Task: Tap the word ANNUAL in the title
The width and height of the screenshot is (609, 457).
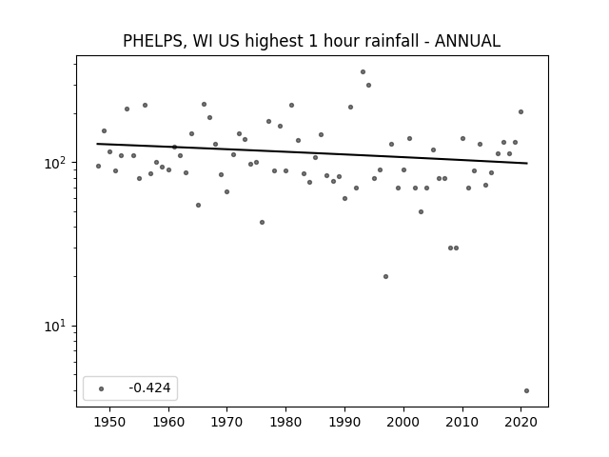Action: (x=467, y=41)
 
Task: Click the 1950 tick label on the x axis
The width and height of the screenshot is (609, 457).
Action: (x=110, y=422)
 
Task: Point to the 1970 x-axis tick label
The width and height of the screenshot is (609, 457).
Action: (x=227, y=422)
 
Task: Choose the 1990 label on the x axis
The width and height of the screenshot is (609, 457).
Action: (x=344, y=422)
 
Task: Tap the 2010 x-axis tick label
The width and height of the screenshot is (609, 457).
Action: (x=462, y=422)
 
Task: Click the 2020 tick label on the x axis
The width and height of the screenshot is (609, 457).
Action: (x=521, y=422)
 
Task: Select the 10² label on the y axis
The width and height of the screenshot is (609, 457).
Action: (x=55, y=163)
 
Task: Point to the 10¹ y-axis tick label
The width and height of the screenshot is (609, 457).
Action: (x=55, y=326)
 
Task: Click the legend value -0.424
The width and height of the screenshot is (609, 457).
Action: (x=149, y=387)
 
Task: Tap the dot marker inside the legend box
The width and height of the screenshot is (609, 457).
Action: (x=102, y=388)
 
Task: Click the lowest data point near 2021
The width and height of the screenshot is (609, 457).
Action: (x=526, y=391)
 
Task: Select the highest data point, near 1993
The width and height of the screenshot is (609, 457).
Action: (x=363, y=72)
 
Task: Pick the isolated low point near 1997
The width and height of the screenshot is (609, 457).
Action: (x=385, y=277)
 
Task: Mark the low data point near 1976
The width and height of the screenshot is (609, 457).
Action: (x=263, y=222)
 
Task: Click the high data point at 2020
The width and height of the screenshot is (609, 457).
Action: (x=521, y=112)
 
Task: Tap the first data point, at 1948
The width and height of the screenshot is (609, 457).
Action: (x=98, y=166)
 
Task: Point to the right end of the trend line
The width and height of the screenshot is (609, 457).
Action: (x=527, y=163)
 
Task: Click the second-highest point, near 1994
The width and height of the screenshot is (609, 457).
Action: (x=368, y=85)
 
